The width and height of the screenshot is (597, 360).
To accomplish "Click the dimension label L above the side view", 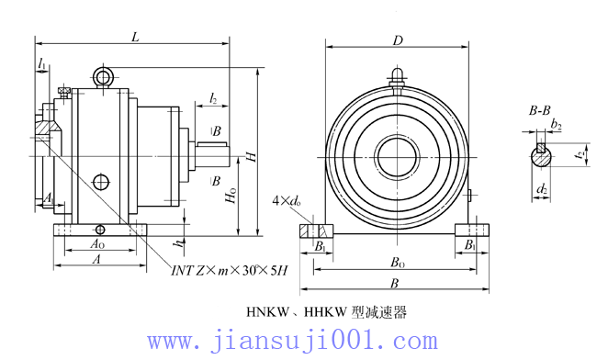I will pos(135,37).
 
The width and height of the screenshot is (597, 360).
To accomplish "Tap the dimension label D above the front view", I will pos(399,40).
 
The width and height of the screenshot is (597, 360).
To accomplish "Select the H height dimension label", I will pos(251,158).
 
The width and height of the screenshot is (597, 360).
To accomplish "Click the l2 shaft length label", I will pos(213,96).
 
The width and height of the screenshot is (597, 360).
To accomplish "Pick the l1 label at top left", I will pos(43,62).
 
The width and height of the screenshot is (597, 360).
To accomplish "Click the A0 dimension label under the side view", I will pos(96,245).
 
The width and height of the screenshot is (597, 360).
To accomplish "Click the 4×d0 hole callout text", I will pos(287,201).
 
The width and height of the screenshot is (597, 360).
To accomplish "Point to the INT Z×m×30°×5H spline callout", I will pos(230,269).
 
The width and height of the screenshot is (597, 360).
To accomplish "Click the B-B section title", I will pos(540,111).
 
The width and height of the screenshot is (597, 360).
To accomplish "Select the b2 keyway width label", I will pos(556,125).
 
